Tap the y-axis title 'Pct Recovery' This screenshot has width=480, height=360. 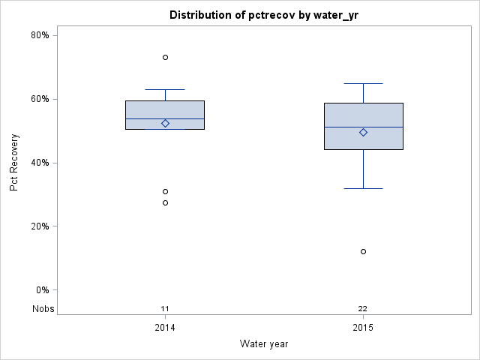(14, 163)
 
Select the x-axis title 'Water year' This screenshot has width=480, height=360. (264, 343)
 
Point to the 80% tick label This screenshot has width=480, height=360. (40, 35)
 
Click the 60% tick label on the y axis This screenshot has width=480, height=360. (40, 99)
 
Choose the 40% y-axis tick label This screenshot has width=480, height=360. (40, 163)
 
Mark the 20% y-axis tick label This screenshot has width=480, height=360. (40, 226)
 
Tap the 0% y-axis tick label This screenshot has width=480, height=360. (42, 290)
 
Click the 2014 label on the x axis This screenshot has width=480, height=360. (166, 328)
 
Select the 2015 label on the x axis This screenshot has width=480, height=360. (363, 328)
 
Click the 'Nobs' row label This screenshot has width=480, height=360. (43, 308)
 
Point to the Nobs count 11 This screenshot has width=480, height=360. (166, 308)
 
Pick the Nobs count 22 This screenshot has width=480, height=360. (363, 308)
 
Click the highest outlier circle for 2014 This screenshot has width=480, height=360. (166, 57)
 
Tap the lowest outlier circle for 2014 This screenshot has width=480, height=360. (166, 202)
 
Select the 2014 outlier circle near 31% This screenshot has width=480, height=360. (166, 191)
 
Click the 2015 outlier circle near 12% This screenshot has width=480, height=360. (364, 251)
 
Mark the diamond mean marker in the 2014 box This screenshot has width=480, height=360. (166, 123)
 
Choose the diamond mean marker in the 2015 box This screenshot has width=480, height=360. (364, 132)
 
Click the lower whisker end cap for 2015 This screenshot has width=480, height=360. (364, 188)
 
